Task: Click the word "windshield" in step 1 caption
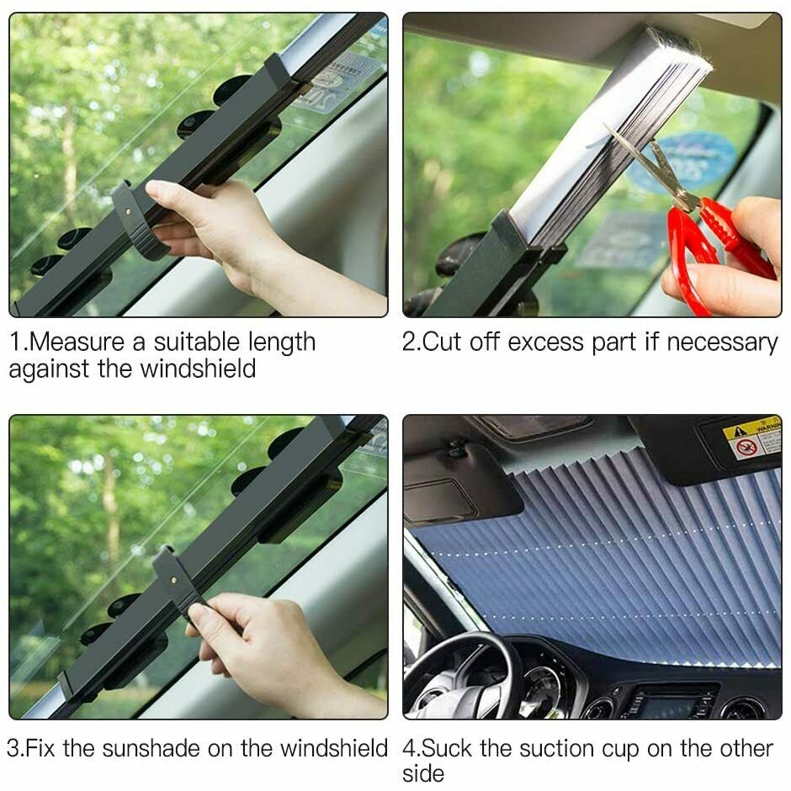[x=198, y=368]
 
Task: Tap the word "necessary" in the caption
[x=722, y=343]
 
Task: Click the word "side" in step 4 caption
[x=423, y=772]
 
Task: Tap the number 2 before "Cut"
[x=407, y=342]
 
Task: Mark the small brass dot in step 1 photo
[x=128, y=211]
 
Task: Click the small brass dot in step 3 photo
[x=173, y=580]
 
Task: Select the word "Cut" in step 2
[x=440, y=342]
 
